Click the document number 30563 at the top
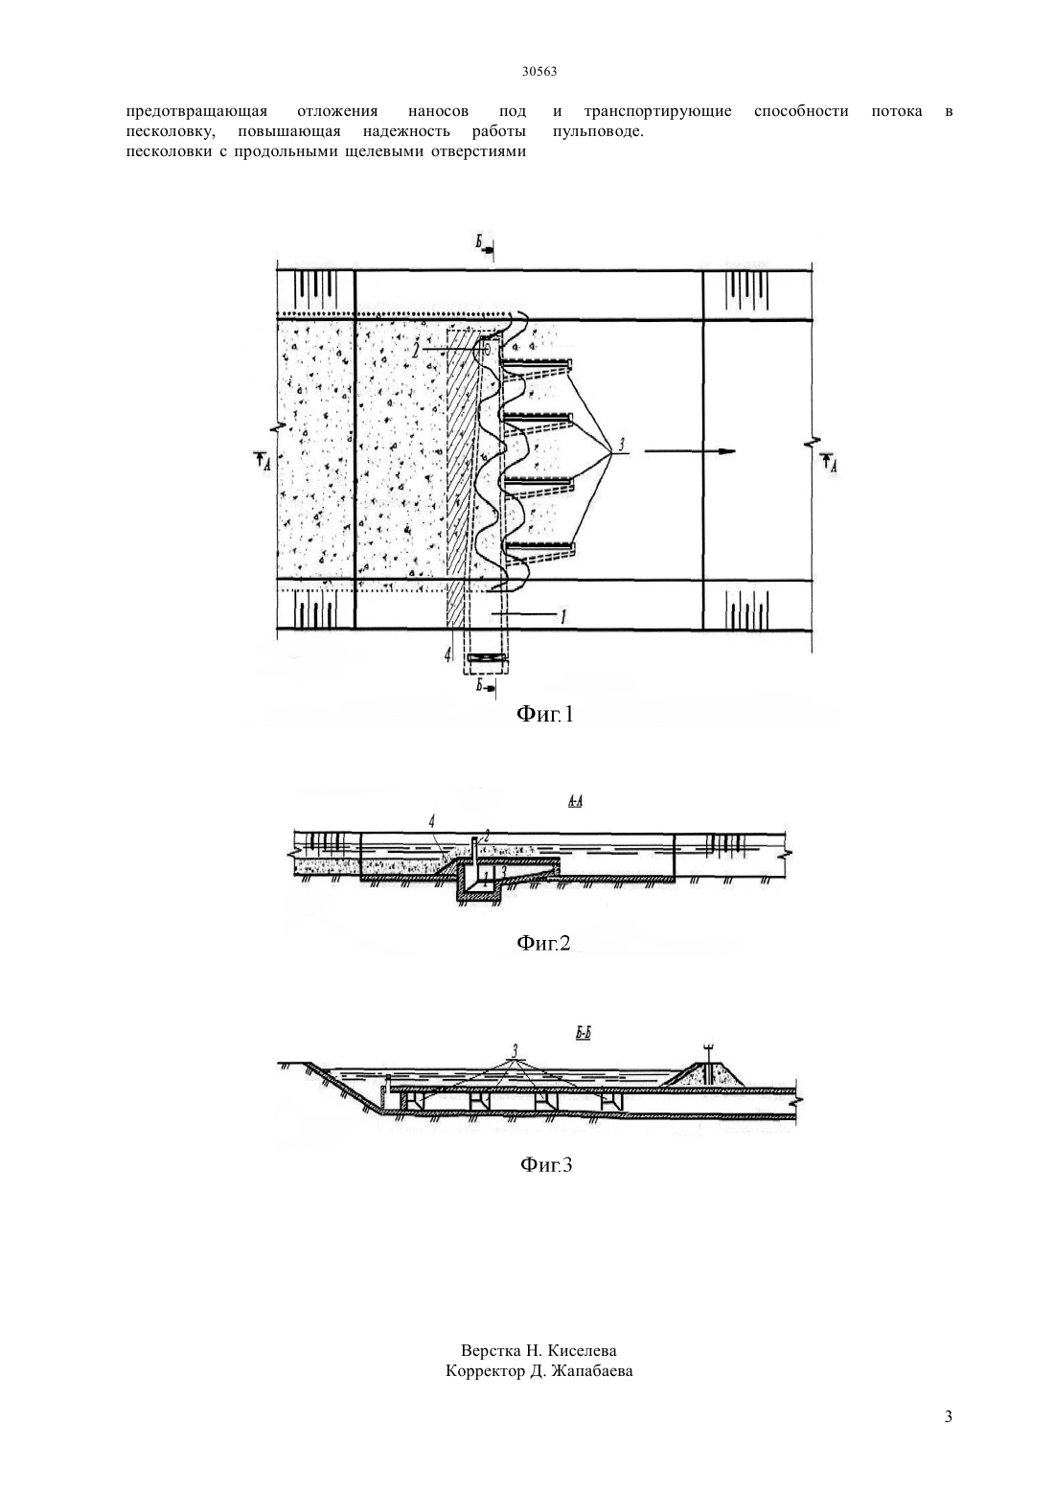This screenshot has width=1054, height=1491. coord(538,72)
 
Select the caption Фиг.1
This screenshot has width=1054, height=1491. coord(545,715)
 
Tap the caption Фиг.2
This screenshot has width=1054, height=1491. coord(543,943)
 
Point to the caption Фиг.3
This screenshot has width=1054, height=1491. coord(545,1165)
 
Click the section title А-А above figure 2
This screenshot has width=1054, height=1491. coord(576,801)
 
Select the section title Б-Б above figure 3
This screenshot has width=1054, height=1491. coord(584,1034)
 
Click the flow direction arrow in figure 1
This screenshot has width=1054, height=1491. coord(690,451)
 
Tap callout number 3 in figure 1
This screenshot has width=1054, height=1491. coord(621,445)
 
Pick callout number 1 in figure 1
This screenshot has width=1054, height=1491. coord(563,617)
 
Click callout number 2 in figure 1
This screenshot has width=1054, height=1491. coord(415,351)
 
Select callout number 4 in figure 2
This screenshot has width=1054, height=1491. coord(432,823)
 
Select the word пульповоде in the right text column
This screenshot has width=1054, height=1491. coord(598,132)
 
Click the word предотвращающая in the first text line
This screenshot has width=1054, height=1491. coord(197,112)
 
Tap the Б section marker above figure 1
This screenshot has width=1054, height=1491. coord(479,242)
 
